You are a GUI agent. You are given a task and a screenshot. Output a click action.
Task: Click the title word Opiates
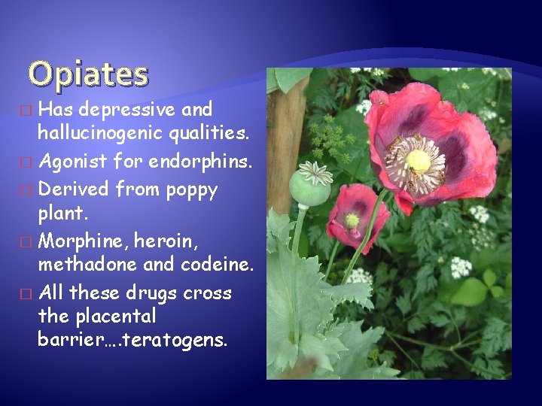[88, 74]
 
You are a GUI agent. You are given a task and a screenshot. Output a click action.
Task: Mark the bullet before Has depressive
[29, 111]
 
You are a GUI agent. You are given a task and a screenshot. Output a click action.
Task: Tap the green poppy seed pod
[309, 186]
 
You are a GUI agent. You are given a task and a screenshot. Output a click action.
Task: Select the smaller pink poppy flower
[358, 214]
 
